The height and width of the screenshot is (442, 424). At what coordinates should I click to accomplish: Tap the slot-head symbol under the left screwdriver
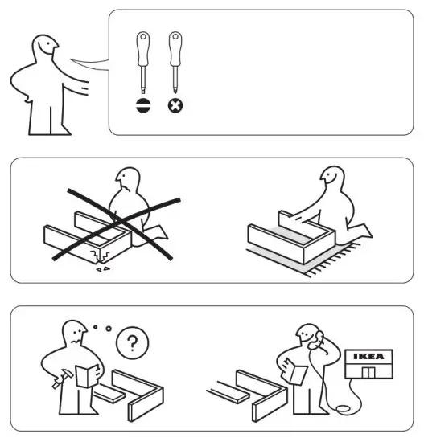point(143,105)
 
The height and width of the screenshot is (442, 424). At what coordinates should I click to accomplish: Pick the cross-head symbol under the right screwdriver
point(175,105)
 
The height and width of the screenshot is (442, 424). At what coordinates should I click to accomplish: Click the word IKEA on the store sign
point(369,356)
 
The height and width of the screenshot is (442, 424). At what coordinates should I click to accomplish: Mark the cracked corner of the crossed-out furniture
point(98,256)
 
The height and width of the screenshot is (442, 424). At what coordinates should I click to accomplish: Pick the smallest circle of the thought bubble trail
point(96,325)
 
